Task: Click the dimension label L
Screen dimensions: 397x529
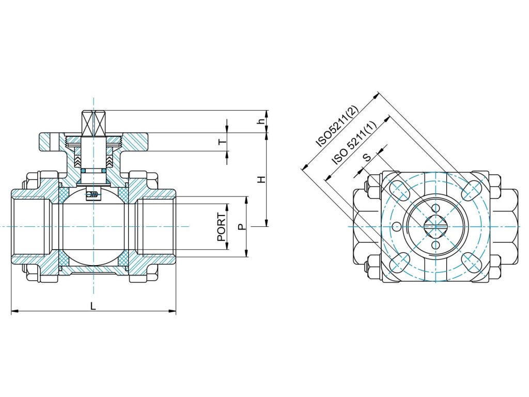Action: coord(93,306)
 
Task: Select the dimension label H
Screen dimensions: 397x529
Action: coord(261,179)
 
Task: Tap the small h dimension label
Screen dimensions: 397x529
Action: coord(261,121)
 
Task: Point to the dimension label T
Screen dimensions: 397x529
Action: coord(222,142)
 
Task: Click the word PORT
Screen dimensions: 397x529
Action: coord(222,227)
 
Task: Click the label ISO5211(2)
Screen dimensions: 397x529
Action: coord(336,126)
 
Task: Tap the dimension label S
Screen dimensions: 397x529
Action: coord(367,158)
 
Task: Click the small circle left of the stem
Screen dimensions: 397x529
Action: coord(396,226)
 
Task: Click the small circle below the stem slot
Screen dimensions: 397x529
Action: coord(435,245)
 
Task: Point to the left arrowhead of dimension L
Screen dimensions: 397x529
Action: coord(14,311)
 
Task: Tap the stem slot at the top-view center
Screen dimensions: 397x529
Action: coord(435,226)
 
